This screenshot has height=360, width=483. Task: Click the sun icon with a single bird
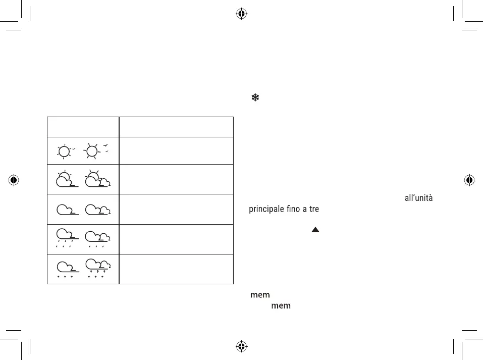65,150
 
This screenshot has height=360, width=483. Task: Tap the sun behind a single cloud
65,179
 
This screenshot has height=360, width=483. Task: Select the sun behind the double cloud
97,179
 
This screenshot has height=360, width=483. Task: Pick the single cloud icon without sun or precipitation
66,209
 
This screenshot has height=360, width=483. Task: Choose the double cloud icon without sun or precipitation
97,209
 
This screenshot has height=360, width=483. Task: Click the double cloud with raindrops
97,239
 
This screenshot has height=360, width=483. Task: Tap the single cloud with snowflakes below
66,268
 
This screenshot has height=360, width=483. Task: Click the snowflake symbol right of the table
255,98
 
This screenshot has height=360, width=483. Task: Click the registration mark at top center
241,14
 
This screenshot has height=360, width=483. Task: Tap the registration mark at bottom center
241,346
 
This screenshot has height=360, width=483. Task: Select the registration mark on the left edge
14,179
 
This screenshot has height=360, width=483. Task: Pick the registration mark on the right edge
469,179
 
